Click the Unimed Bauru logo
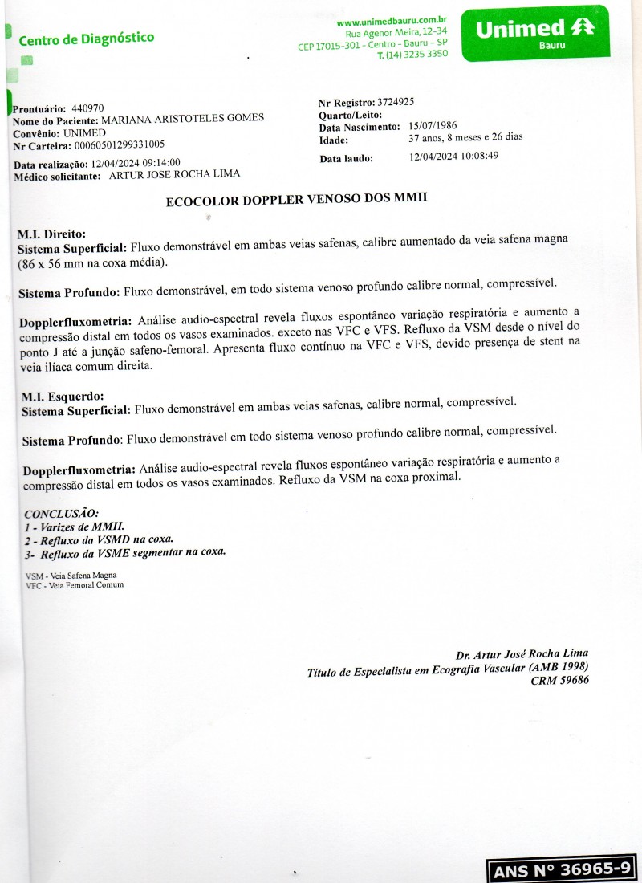tap(535, 34)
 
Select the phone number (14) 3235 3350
tap(417, 55)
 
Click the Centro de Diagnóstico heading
tap(86, 38)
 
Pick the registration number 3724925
tap(395, 103)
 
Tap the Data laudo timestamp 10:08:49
tap(479, 156)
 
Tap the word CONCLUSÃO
tap(62, 513)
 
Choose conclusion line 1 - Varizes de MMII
tap(74, 527)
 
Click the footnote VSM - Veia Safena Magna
tap(71, 576)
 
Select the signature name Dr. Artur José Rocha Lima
tap(522, 654)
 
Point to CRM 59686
tap(559, 681)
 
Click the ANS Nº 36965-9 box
tap(561, 869)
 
